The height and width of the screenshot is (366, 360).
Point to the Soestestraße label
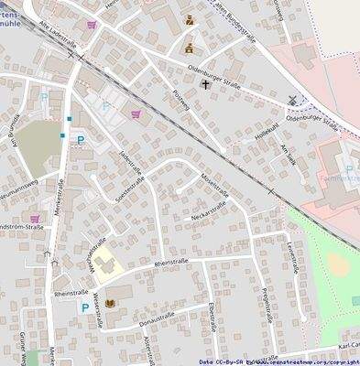[126, 191]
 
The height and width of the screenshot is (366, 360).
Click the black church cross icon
[203, 84]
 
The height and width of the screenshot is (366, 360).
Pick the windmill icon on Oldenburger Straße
[292, 100]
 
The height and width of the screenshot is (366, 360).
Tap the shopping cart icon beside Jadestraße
[136, 114]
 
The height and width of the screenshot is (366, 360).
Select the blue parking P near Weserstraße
[85, 308]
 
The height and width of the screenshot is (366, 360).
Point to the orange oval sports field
[338, 266]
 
